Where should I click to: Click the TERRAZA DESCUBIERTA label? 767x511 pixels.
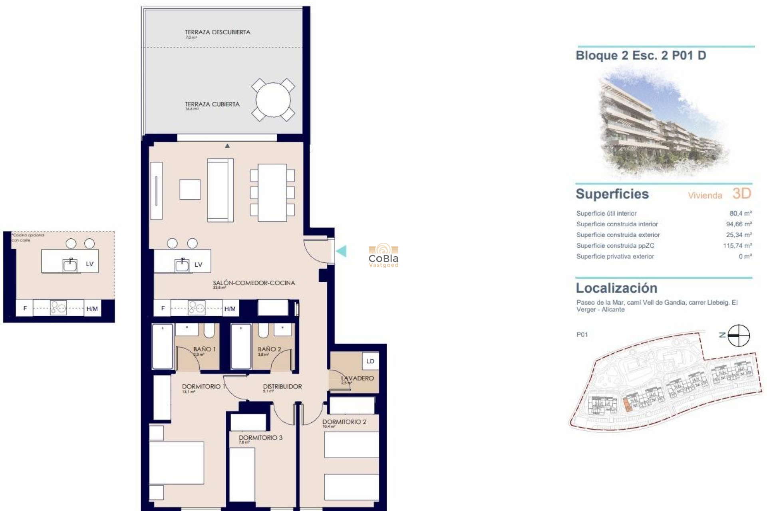[217, 32]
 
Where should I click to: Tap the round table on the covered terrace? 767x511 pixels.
[273, 100]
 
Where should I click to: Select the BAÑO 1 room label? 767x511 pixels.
[204, 349]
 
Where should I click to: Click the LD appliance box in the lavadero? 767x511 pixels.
[370, 361]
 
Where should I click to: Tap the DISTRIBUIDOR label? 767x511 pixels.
[282, 386]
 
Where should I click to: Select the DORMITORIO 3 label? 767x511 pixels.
[260, 438]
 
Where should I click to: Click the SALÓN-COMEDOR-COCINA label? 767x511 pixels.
[254, 283]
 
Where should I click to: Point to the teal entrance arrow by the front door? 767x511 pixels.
[341, 251]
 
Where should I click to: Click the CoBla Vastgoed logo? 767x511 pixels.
[383, 255]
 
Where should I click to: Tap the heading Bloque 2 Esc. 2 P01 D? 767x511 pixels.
[641, 55]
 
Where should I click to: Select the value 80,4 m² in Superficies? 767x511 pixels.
[740, 214]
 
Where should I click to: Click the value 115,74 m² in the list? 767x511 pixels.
[737, 246]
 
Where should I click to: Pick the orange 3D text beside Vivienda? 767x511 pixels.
[742, 194]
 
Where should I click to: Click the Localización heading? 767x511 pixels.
[616, 288]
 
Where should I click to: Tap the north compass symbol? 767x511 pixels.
[738, 335]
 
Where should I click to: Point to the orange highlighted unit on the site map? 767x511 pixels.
[627, 405]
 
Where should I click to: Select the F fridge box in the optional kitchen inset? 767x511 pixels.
[25, 308]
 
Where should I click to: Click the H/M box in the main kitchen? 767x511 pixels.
[230, 309]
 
